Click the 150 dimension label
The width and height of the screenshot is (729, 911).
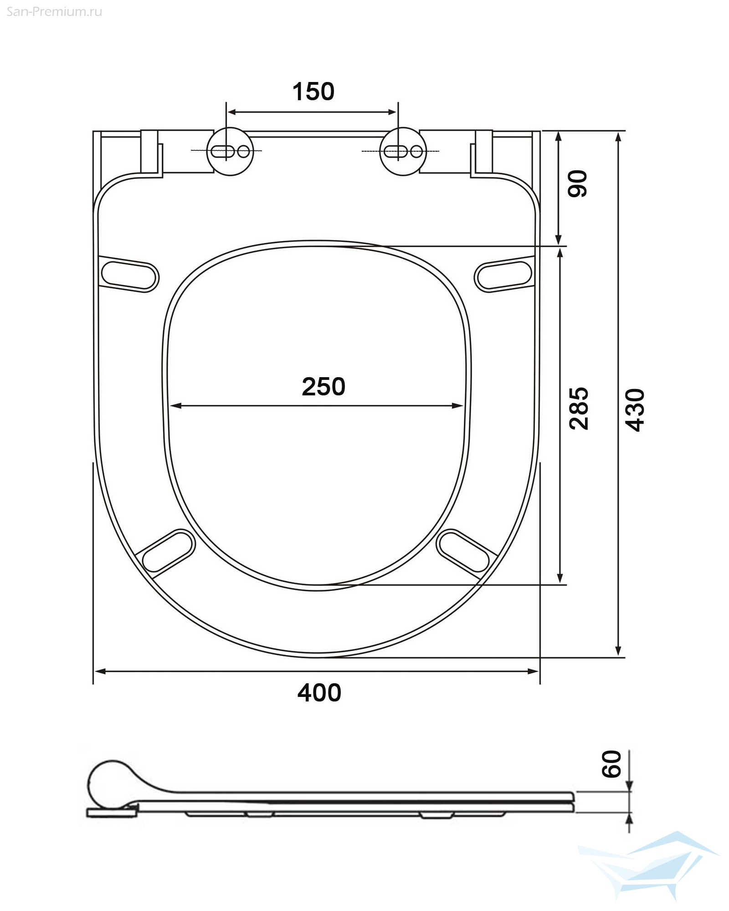coord(313,92)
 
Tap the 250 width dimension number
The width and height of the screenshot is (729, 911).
coord(323,387)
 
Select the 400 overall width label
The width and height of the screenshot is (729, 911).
coord(319,693)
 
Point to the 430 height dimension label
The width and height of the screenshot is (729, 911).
coord(635,410)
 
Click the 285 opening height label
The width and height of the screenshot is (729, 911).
coord(579,409)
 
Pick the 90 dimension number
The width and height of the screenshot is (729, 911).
coord(578,184)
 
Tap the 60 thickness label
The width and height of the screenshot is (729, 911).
coord(611,764)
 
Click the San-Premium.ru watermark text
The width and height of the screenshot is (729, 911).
coord(54,12)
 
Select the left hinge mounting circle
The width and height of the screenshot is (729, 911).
coord(230,151)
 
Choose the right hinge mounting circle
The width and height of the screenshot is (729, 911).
coord(403,151)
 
